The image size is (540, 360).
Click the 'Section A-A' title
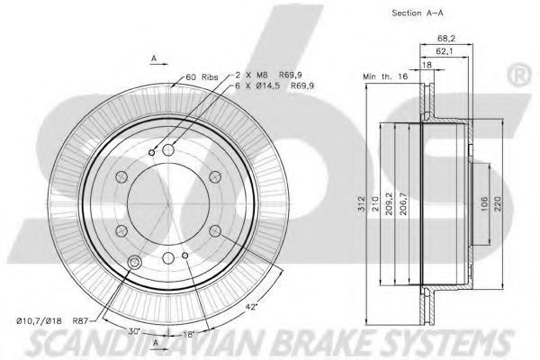418,13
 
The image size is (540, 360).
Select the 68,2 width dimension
446,38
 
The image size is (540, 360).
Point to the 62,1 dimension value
445,51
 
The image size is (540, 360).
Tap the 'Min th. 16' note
385,76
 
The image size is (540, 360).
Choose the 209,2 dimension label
389,203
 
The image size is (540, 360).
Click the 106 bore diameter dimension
484,204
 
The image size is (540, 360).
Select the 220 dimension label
499,204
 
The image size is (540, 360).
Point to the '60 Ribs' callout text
202,76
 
